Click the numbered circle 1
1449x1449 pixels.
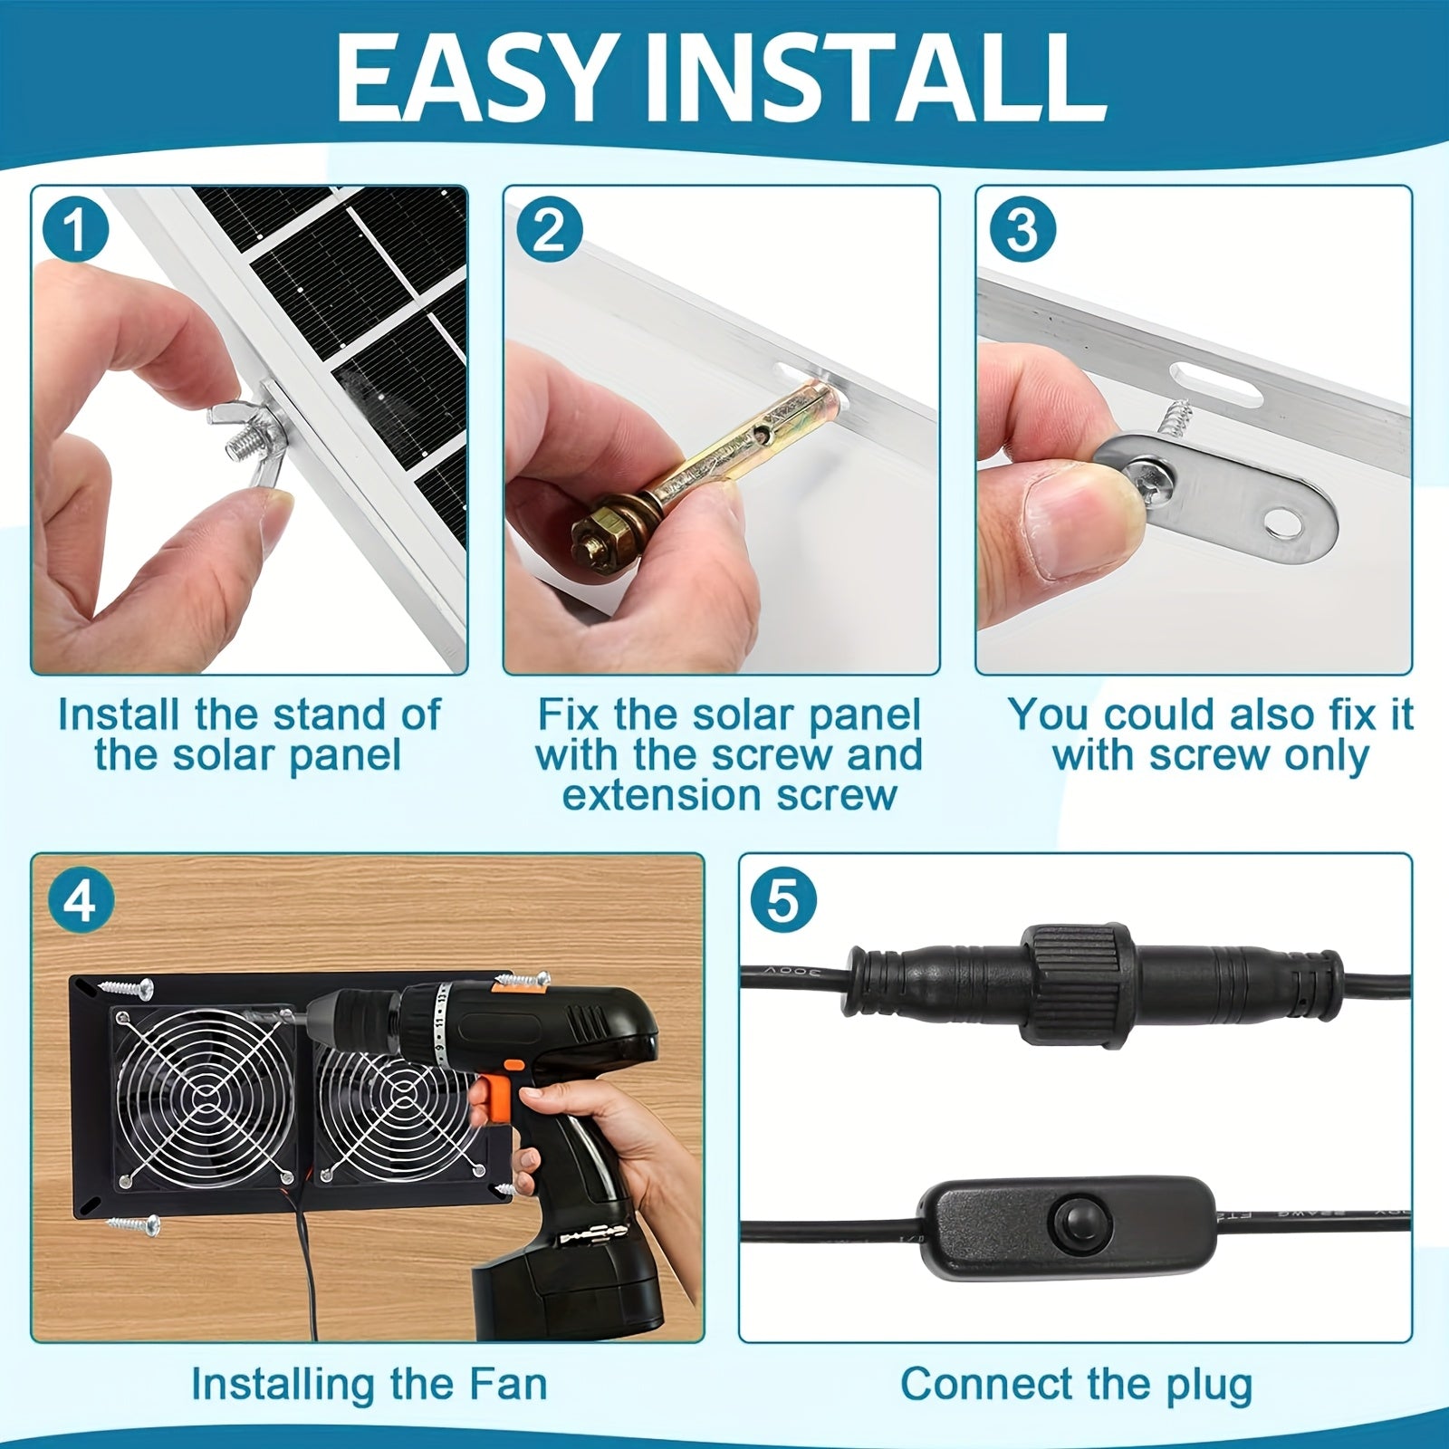coord(75,230)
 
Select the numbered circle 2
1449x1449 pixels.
coord(548,230)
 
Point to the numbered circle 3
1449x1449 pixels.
coord(1021,230)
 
